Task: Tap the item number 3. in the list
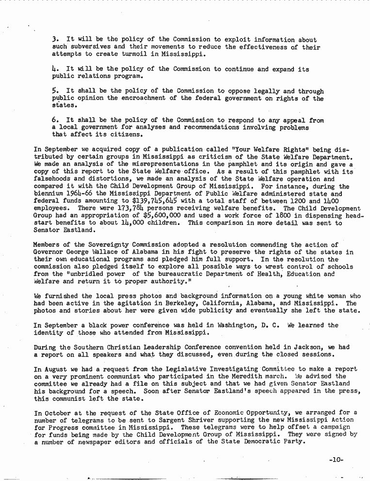55,39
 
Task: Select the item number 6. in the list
55,120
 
